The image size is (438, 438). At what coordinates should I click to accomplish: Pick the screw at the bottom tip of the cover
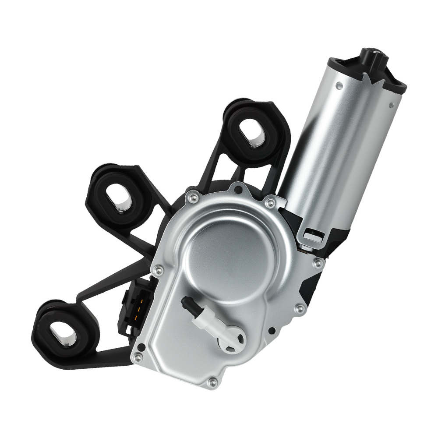coord(213,382)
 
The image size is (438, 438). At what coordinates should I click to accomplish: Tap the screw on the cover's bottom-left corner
coord(138,358)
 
